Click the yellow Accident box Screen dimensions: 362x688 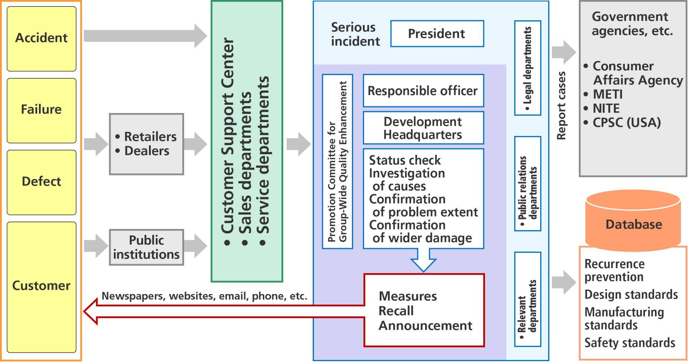[41, 38]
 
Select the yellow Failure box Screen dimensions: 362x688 [41, 110]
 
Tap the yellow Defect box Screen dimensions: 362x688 [41, 182]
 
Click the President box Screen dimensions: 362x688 [437, 34]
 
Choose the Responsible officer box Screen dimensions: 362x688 [423, 91]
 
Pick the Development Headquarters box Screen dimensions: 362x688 [423, 128]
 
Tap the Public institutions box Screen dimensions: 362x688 [147, 247]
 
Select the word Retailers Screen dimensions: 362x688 [150, 137]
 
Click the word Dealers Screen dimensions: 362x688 [147, 151]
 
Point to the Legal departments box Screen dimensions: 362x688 [528, 68]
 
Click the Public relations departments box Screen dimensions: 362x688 [528, 183]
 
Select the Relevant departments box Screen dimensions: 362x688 [528, 299]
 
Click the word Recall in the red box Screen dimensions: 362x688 [396, 311]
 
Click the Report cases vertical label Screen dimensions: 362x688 [561, 105]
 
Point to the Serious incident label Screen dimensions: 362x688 [355, 34]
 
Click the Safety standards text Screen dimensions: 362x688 [630, 343]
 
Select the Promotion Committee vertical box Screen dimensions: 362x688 [337, 161]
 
